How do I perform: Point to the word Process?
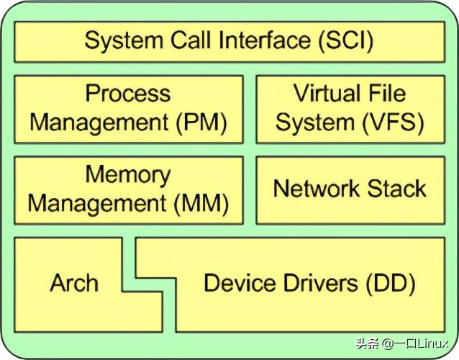[x=128, y=94]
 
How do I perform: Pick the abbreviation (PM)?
[x=202, y=122]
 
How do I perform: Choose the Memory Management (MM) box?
[x=128, y=189]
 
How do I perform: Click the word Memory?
[x=128, y=175]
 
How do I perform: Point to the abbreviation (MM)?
[x=202, y=204]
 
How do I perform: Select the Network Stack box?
[x=350, y=189]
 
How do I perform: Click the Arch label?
[x=74, y=283]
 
